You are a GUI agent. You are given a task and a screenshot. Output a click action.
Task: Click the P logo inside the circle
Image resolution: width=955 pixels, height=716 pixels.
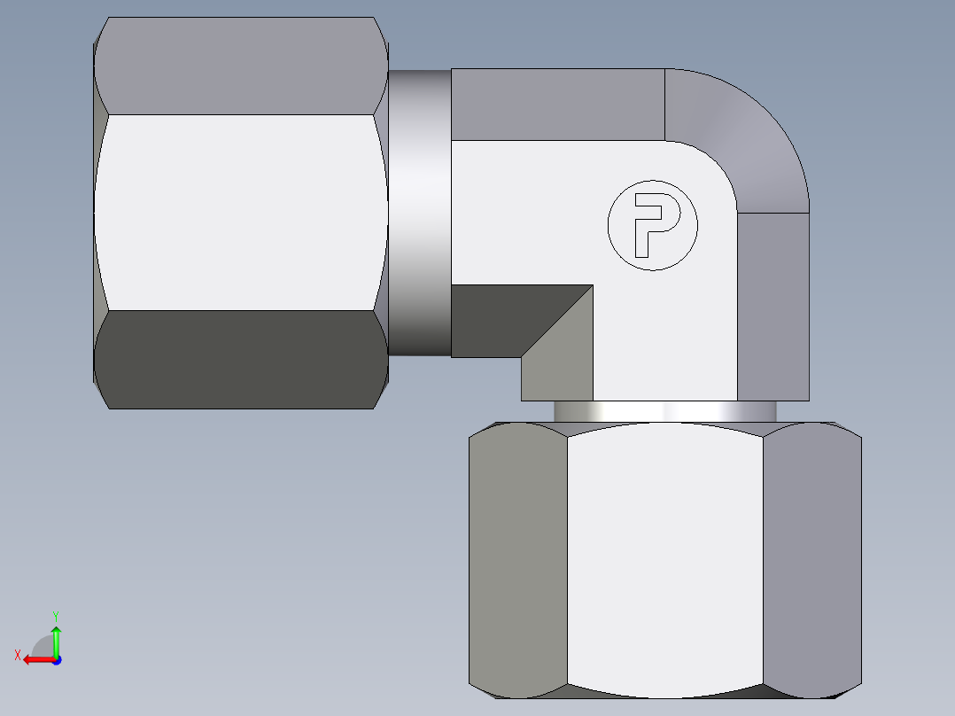pyautogui.click(x=653, y=225)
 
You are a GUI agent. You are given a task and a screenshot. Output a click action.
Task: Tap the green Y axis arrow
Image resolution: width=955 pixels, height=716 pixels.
pyautogui.click(x=56, y=640)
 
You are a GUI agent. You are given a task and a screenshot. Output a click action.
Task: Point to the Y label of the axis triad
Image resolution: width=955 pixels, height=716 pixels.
pyautogui.click(x=55, y=614)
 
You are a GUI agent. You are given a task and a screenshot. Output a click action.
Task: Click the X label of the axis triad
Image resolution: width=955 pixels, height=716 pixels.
pyautogui.click(x=17, y=656)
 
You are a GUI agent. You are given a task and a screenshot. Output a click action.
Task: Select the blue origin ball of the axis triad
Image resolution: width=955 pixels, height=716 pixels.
pyautogui.click(x=56, y=660)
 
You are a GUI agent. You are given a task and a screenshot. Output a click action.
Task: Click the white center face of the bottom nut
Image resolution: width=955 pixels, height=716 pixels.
pyautogui.click(x=664, y=558)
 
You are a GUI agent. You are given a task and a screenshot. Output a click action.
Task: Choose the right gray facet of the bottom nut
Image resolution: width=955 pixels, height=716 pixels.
pyautogui.click(x=811, y=558)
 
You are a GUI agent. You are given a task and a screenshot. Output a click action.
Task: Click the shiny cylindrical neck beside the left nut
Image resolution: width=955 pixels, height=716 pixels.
pyautogui.click(x=419, y=213)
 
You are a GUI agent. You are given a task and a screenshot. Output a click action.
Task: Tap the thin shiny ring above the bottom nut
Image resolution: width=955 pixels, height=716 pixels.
pyautogui.click(x=664, y=412)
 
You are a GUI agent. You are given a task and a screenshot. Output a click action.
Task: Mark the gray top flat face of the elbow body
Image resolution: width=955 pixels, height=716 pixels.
pyautogui.click(x=558, y=105)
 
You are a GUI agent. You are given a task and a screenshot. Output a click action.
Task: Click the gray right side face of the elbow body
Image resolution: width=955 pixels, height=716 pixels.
pyautogui.click(x=773, y=306)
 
